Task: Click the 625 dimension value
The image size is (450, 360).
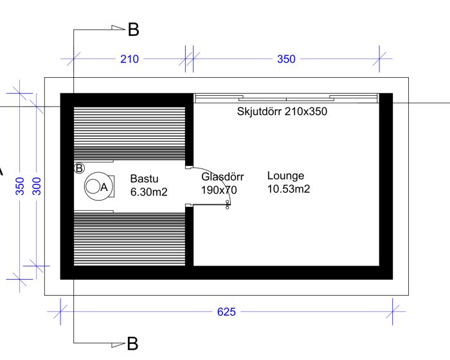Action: point(226,312)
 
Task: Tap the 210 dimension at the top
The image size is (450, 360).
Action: point(129,59)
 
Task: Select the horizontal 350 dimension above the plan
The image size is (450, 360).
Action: point(286,59)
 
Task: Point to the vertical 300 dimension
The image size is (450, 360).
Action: point(37,186)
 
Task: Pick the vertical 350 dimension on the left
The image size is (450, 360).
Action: point(20,186)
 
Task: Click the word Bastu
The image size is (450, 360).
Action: point(144,179)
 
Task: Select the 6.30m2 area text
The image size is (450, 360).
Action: point(148,192)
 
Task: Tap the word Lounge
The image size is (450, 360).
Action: point(285,176)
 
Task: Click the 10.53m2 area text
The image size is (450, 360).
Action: point(289,189)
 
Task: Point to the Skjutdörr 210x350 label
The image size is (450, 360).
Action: point(282,111)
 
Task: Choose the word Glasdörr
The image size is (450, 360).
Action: point(222,177)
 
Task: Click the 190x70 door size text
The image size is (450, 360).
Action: point(219,190)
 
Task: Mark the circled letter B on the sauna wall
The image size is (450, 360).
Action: point(79,168)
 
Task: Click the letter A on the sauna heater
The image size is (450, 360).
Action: point(104,187)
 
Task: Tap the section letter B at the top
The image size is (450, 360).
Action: point(133,30)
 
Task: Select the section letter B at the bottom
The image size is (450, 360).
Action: point(132,343)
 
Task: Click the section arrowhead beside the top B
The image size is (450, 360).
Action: point(118,28)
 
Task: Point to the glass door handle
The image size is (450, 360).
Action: point(228,204)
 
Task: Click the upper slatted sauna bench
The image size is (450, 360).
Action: point(129,134)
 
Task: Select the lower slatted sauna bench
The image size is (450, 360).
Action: point(129,239)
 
